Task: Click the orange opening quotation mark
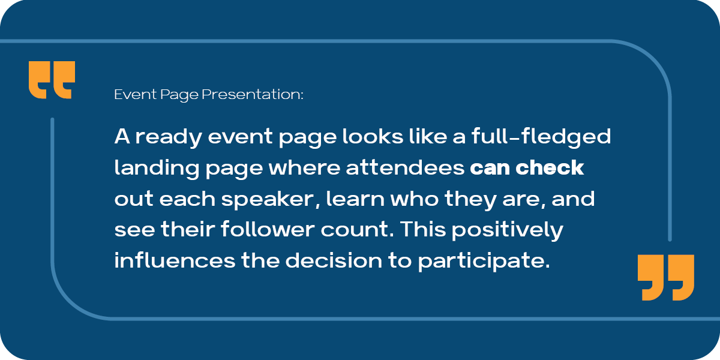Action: click(52, 80)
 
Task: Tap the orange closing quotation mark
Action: click(665, 277)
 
